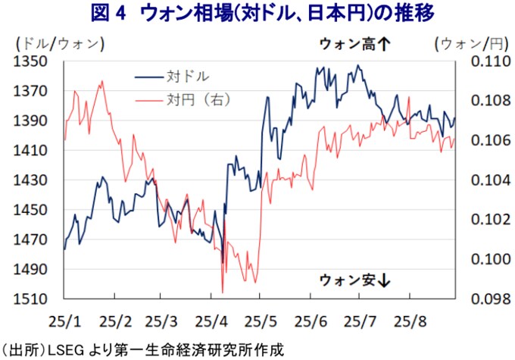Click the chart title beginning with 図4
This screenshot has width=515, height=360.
pos(257,14)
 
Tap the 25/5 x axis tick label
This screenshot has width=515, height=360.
pos(261,319)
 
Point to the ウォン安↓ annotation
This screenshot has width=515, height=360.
pos(354,280)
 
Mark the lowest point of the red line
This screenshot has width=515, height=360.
pos(223,292)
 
